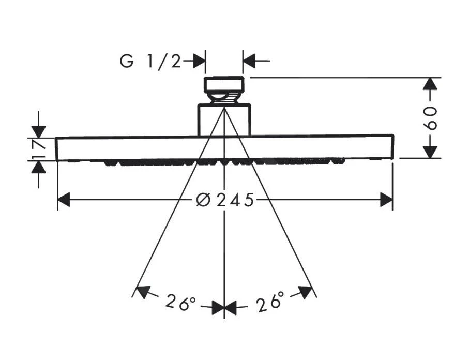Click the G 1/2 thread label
coord(150,62)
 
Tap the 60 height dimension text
coord(431,118)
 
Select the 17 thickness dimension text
coord(39,149)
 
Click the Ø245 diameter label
coord(225,200)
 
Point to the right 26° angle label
coord(269,301)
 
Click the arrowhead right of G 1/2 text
coord(199,61)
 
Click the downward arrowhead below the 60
coord(430,152)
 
